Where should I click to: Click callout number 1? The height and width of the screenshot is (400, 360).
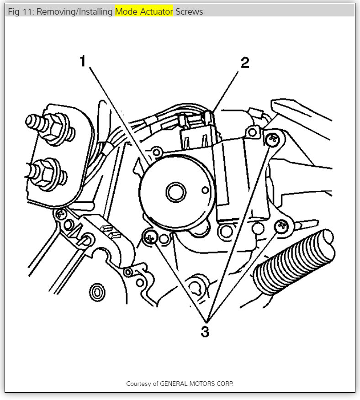(83, 61)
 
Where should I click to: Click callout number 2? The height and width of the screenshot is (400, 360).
(245, 63)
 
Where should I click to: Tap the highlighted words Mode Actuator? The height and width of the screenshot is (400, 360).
(144, 12)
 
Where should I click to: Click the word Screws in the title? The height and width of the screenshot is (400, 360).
(189, 12)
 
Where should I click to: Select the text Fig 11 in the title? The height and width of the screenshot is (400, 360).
(19, 12)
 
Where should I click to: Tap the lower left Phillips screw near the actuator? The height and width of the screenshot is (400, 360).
(149, 237)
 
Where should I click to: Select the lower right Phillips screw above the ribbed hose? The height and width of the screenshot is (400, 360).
(281, 225)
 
